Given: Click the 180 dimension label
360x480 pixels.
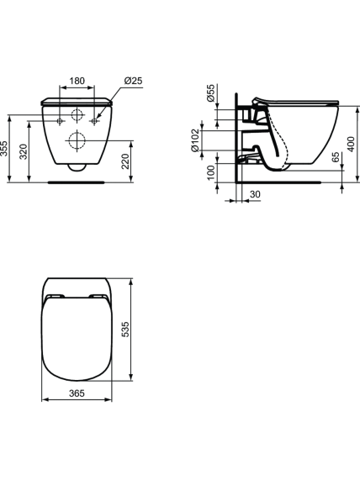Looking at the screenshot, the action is tap(77, 81).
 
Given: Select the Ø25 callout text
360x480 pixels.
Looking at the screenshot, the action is tap(133, 81).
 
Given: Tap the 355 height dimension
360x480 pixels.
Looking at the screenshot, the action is tap(3, 149).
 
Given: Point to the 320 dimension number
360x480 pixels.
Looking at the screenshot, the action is tap(24, 151).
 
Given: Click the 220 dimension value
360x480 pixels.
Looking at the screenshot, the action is tap(125, 161).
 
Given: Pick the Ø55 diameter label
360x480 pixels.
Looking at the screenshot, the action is tap(211, 93).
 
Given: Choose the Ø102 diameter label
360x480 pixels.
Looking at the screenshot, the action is tap(195, 140).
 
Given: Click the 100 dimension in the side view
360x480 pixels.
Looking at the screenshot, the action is tap(211, 173).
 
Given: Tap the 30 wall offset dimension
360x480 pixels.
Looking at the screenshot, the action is tap(255, 194).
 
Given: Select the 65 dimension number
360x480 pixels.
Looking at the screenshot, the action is tap(336, 157).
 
